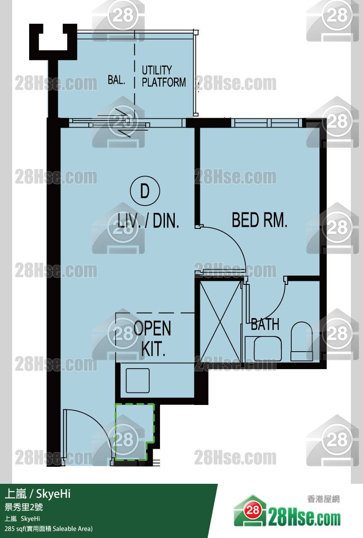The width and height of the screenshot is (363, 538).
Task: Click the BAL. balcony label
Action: (116, 79)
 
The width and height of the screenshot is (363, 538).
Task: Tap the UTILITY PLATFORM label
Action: (164, 76)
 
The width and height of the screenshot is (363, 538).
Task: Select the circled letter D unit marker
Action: (145, 191)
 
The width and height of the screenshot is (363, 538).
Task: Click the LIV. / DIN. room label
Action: (148, 220)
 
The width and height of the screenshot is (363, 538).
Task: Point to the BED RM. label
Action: (259, 220)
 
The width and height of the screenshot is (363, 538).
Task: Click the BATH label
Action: (265, 324)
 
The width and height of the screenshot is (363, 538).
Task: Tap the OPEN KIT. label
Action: (152, 338)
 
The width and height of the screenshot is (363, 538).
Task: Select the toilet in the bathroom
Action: (302, 341)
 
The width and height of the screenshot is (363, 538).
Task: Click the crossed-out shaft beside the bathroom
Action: (220, 322)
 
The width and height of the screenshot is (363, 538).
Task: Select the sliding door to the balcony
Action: (127, 123)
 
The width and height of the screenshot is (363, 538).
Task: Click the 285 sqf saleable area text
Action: (48, 529)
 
